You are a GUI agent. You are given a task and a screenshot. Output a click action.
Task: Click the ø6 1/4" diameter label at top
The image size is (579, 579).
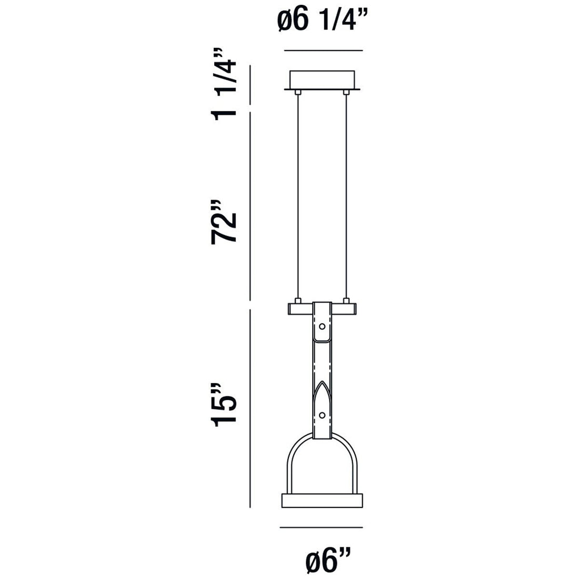pos(322,23)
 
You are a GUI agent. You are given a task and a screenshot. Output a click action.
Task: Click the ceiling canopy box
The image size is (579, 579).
pos(323,79)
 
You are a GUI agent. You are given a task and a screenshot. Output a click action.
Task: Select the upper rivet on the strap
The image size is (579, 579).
pos(322,326)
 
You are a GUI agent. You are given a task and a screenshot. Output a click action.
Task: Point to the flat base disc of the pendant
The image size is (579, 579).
pos(322,501)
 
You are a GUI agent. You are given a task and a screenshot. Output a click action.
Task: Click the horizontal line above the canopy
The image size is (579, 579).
pos(323,51)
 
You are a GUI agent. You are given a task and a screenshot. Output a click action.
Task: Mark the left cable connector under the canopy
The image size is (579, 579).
pos(298,93)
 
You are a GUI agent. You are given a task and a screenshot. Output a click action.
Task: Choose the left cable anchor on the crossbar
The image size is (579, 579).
pos(298,301)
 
